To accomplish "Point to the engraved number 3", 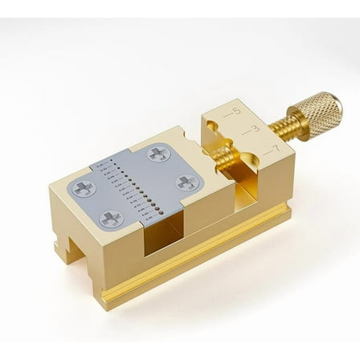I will tap(255, 129).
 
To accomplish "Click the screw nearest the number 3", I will tap(159, 153).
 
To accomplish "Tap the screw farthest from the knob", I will tap(84, 190).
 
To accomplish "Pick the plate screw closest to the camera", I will tap(112, 218).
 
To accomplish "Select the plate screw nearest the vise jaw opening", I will tap(186, 182).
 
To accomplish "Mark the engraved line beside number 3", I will tap(243, 133).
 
